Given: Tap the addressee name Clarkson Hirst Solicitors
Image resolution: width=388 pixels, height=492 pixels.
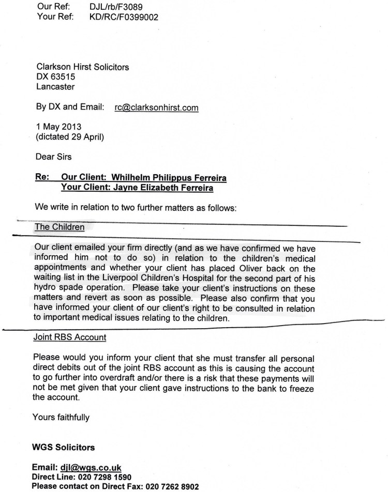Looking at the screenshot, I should click(x=82, y=67).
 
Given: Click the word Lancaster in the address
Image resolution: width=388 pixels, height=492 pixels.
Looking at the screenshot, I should click(x=55, y=87).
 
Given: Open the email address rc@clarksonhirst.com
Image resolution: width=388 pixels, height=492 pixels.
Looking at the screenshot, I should click(x=157, y=107).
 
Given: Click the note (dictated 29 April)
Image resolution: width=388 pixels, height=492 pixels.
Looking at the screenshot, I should click(x=70, y=137).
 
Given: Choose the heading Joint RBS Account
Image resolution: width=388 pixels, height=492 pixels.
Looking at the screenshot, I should click(x=69, y=337).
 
